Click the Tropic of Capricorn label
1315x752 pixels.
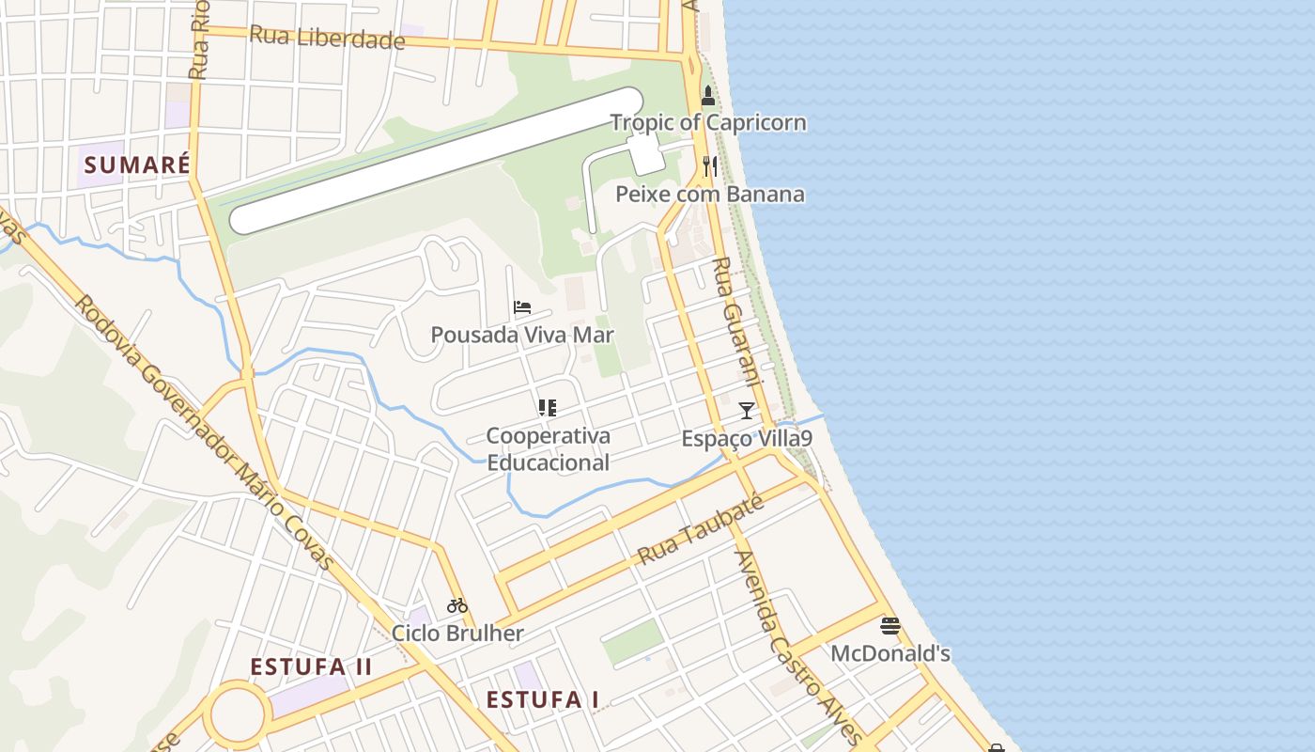click(x=708, y=122)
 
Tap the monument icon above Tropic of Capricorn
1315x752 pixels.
click(x=708, y=96)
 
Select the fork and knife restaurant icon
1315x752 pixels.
click(x=710, y=166)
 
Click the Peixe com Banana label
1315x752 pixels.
click(x=710, y=195)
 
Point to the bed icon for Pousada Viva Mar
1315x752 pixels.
click(x=522, y=307)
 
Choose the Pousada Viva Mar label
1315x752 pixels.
click(x=522, y=335)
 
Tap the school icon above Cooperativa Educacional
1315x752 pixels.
click(x=548, y=408)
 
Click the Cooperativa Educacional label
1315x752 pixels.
click(x=548, y=448)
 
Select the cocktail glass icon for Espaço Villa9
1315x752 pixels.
click(x=747, y=411)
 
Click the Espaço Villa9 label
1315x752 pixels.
click(x=747, y=439)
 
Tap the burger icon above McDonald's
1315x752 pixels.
click(x=890, y=626)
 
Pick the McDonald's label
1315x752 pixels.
click(x=890, y=653)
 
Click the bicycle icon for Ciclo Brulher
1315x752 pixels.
click(x=457, y=605)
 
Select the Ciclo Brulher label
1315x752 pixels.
click(x=457, y=633)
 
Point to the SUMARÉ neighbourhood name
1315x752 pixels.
click(x=137, y=165)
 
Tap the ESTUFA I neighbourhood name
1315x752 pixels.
click(x=543, y=700)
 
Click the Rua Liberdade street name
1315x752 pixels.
click(x=327, y=39)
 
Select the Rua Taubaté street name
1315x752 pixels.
click(x=700, y=529)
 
